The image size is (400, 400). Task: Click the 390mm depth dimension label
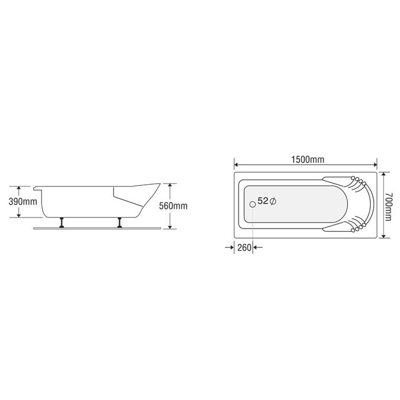coord(23,202)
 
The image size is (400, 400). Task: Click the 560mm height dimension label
coord(173,206)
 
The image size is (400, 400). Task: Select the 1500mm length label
coord(308,160)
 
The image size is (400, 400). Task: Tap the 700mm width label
coord(388,206)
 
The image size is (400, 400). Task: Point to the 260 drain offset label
coord(244,247)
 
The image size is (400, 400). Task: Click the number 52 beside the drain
coord(263,201)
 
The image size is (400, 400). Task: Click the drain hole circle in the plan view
coord(253,204)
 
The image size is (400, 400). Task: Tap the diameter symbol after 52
coord(273,202)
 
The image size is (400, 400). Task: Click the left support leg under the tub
coord(61,222)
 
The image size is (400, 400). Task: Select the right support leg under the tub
coord(119,222)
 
